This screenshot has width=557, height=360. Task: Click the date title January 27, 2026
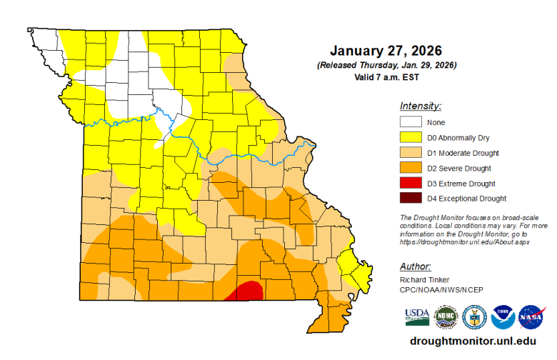click(x=386, y=51)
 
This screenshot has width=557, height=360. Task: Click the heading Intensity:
click(x=421, y=106)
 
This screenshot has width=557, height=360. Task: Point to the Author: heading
click(x=416, y=266)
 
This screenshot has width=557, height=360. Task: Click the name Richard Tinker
click(x=424, y=279)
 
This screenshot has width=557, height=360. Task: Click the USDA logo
click(x=417, y=315)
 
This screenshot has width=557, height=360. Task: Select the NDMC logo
click(x=446, y=316)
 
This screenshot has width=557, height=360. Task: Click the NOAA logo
click(x=503, y=316)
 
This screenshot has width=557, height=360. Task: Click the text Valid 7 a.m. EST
click(x=386, y=76)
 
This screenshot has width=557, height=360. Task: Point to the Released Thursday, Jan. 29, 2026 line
click(x=386, y=65)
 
